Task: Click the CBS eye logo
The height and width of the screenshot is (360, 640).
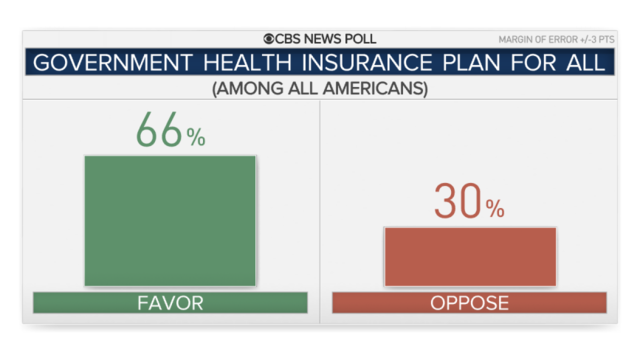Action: pyautogui.click(x=269, y=39)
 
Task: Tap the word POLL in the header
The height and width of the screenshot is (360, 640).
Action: pyautogui.click(x=360, y=39)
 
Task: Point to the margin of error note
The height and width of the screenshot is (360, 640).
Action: pyautogui.click(x=556, y=40)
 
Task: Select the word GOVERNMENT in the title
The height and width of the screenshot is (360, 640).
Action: pyautogui.click(x=113, y=63)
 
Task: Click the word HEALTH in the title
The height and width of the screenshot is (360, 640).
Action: pyautogui.click(x=247, y=63)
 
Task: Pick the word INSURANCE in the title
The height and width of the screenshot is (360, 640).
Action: pyautogui.click(x=367, y=63)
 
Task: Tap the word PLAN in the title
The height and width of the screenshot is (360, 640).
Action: pyautogui.click(x=471, y=63)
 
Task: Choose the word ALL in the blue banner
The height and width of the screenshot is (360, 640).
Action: pyautogui.click(x=586, y=63)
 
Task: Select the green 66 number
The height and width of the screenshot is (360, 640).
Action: pyautogui.click(x=159, y=130)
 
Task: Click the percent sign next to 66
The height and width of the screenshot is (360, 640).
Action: pyautogui.click(x=196, y=137)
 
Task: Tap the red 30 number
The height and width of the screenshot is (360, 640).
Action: pyautogui.click(x=458, y=201)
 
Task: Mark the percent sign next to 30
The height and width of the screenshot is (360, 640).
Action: pyautogui.click(x=495, y=208)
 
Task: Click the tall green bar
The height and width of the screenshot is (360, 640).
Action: pyautogui.click(x=170, y=221)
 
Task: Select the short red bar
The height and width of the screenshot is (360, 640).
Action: pyautogui.click(x=471, y=257)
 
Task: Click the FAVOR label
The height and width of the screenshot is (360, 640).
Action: pyautogui.click(x=170, y=303)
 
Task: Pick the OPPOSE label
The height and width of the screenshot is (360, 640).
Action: pyautogui.click(x=469, y=303)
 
